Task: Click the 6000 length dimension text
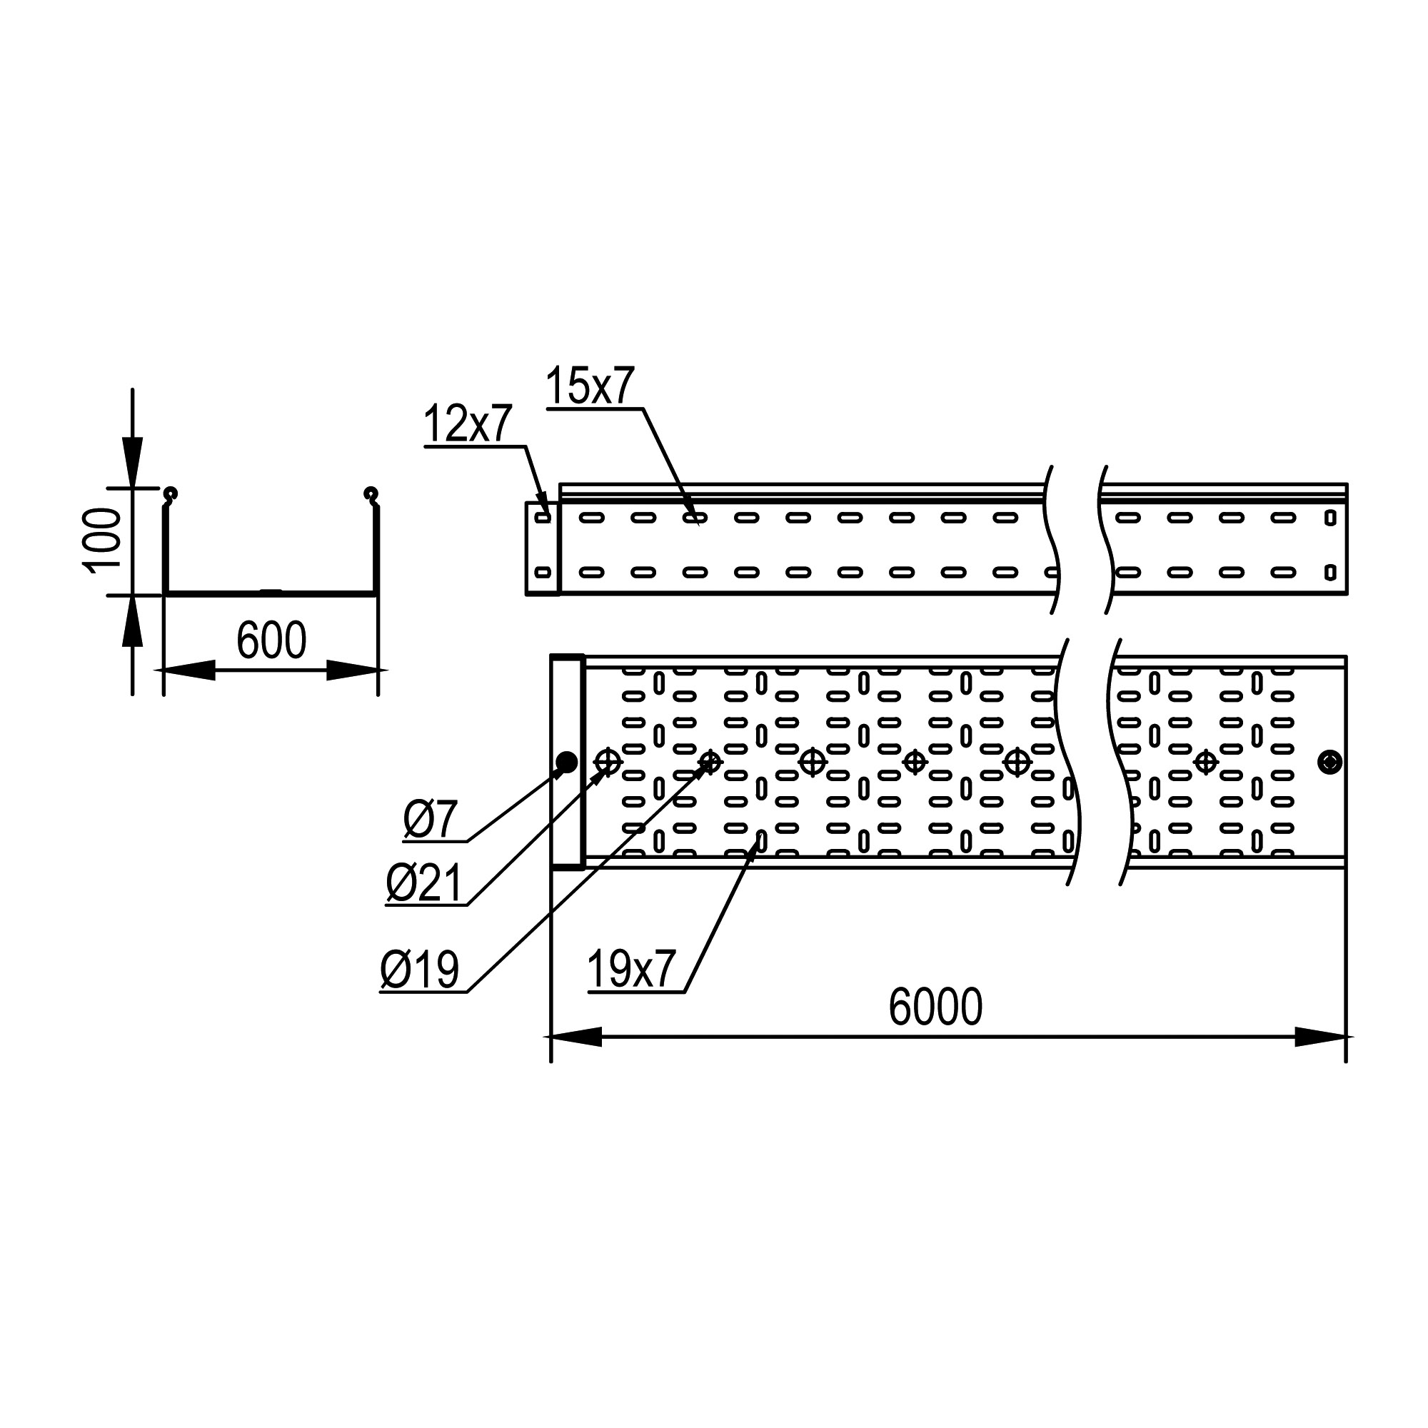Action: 935,1007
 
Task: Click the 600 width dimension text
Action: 271,641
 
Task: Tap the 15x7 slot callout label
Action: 590,386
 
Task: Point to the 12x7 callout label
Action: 467,424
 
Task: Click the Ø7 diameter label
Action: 431,820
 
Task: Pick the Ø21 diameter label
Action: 424,884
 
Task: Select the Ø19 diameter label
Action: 419,970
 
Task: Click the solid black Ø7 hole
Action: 567,762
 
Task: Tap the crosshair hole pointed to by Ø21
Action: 608,760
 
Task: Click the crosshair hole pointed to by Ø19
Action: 710,761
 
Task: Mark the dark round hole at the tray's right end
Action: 1329,762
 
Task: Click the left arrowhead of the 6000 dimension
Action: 576,1037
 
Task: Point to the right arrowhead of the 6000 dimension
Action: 1320,1037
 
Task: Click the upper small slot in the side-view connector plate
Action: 543,518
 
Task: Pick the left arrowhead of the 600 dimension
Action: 188,670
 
